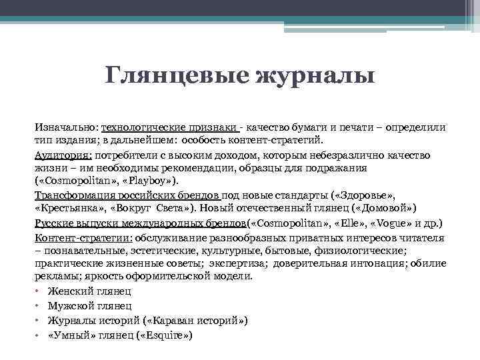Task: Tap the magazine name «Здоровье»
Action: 369,194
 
